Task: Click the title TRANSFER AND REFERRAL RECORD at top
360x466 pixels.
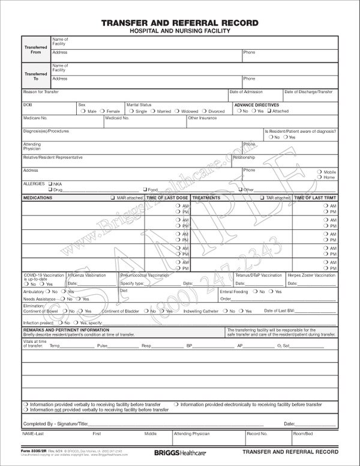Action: click(x=180, y=23)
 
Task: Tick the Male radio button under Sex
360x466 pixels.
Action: click(x=85, y=111)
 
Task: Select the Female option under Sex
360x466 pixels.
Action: click(x=104, y=111)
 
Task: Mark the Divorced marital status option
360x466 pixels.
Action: click(x=205, y=111)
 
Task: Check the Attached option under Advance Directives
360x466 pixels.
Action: click(x=269, y=111)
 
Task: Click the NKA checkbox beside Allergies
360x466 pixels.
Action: click(x=50, y=183)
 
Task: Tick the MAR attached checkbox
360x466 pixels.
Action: click(x=112, y=198)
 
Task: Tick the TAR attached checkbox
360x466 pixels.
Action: click(x=262, y=198)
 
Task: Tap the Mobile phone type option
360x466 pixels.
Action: click(x=320, y=172)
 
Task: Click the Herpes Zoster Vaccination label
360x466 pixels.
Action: click(x=312, y=274)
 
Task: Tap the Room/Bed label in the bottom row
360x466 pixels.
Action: click(x=302, y=432)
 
